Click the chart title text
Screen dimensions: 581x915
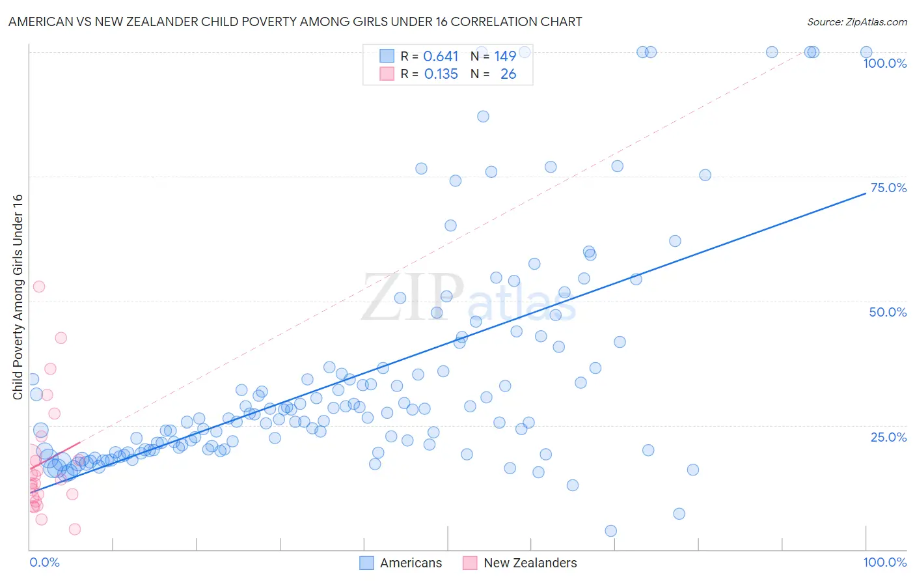click(x=295, y=21)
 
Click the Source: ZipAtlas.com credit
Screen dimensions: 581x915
click(x=856, y=21)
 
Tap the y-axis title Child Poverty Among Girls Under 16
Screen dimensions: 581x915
click(x=18, y=297)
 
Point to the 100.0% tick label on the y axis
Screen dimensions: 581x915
click(x=884, y=63)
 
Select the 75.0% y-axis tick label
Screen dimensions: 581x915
click(x=888, y=188)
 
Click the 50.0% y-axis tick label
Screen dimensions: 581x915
click(x=888, y=312)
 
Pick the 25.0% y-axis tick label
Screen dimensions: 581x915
click(x=888, y=436)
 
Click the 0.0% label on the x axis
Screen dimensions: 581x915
click(x=44, y=562)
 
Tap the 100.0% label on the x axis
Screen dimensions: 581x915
click(x=884, y=562)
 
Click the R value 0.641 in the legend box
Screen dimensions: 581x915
click(x=441, y=57)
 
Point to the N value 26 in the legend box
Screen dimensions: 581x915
click(x=508, y=74)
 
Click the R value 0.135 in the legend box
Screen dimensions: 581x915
click(x=441, y=74)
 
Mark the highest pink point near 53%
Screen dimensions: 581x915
click(x=39, y=287)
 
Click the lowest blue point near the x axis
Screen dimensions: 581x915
click(x=610, y=531)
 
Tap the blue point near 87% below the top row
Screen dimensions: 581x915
click(x=483, y=117)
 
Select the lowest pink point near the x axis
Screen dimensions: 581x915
click(x=75, y=529)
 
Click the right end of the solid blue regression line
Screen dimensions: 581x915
click(x=866, y=193)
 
